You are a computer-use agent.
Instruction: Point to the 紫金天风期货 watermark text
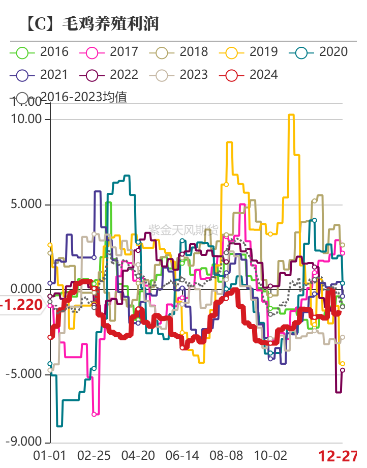click(183, 229)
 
